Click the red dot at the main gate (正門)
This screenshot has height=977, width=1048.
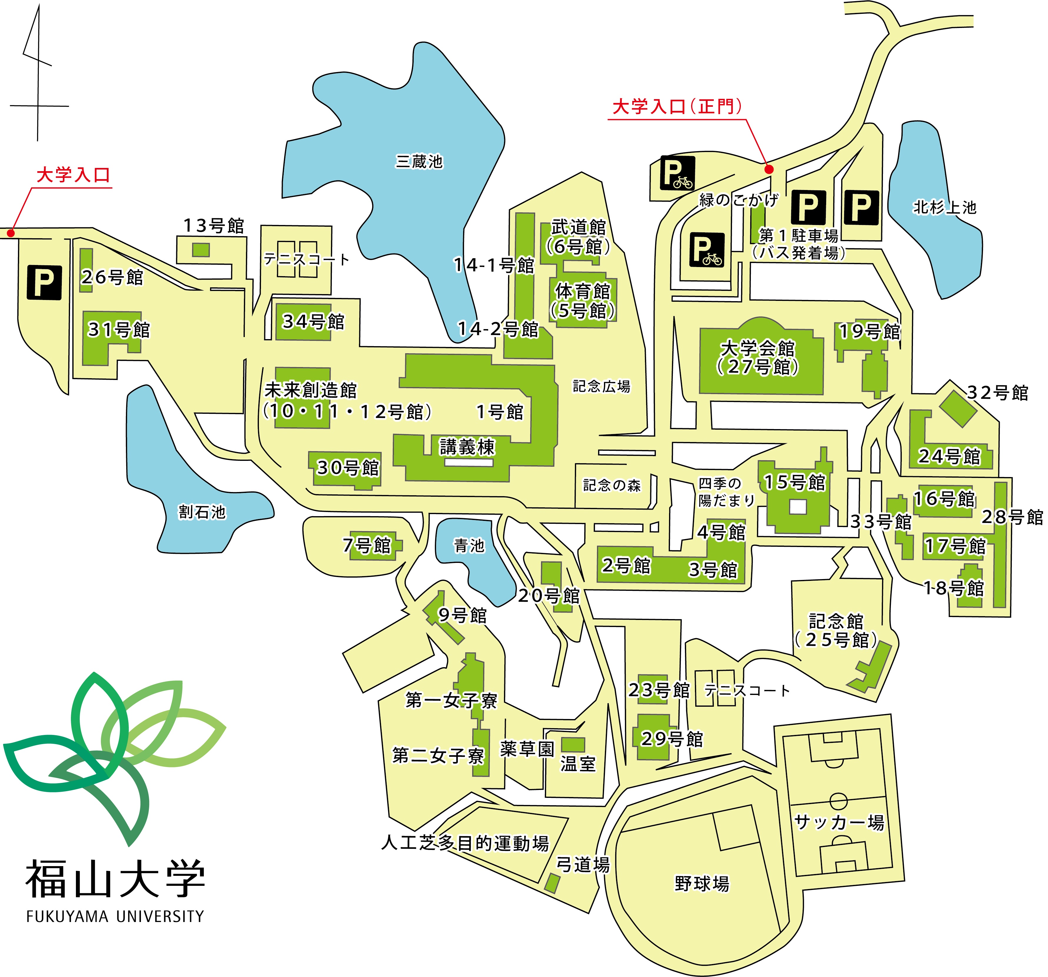(769, 169)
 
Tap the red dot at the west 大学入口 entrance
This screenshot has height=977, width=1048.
(11, 232)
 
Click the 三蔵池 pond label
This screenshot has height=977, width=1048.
(419, 161)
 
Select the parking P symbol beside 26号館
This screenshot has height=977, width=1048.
(44, 283)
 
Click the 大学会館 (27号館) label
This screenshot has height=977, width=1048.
(758, 357)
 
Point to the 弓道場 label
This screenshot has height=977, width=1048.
(583, 865)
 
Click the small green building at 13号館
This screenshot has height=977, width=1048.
(201, 250)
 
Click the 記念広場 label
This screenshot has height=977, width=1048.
(601, 386)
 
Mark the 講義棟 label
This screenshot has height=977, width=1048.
(468, 447)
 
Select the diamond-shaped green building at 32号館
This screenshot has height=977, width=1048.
(958, 409)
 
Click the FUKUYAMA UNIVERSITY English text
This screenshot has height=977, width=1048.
(115, 916)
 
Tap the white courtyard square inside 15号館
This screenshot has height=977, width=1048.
(798, 506)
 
